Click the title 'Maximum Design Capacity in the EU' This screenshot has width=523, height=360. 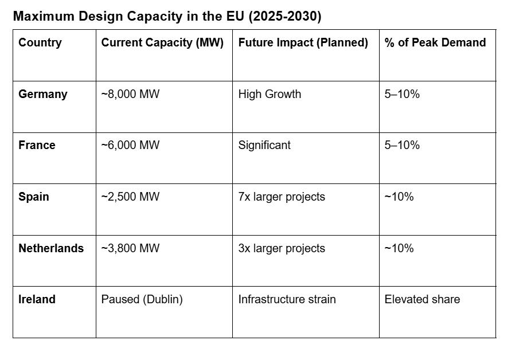(167, 17)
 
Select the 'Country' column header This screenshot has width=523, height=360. (40, 42)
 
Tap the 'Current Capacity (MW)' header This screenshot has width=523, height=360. (162, 42)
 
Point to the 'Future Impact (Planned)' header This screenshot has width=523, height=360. (303, 42)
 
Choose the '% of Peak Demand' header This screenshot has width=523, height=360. (435, 42)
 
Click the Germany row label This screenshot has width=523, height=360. (43, 94)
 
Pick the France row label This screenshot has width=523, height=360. (37, 145)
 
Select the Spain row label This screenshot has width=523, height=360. (34, 197)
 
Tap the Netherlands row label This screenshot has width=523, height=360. (51, 248)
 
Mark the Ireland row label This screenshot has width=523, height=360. (37, 299)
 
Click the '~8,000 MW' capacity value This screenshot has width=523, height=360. (130, 94)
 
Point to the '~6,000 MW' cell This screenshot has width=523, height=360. (130, 145)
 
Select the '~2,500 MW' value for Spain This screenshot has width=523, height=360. (130, 197)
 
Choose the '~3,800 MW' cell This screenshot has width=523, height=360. (130, 248)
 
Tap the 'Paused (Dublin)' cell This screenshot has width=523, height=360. (142, 299)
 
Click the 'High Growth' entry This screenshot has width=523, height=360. (270, 94)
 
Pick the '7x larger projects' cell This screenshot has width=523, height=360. (282, 197)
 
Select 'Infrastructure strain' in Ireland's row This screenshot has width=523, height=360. (287, 299)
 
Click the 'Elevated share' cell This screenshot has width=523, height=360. (422, 299)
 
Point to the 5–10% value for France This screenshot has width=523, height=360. (402, 145)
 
